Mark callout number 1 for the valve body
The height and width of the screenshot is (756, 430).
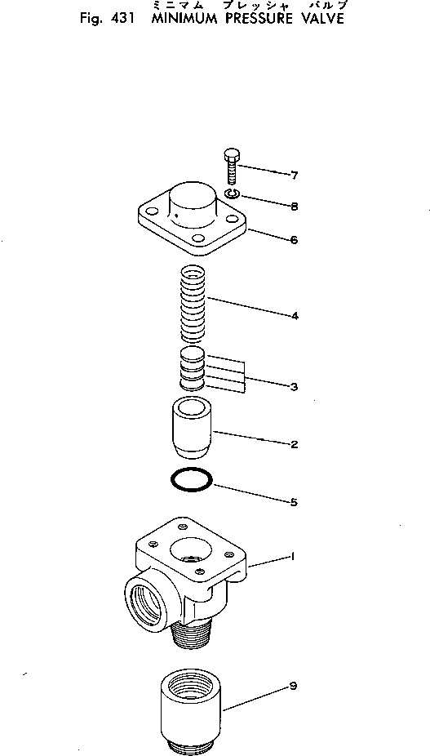pos(290,557)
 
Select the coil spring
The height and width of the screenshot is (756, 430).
pos(192,306)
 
